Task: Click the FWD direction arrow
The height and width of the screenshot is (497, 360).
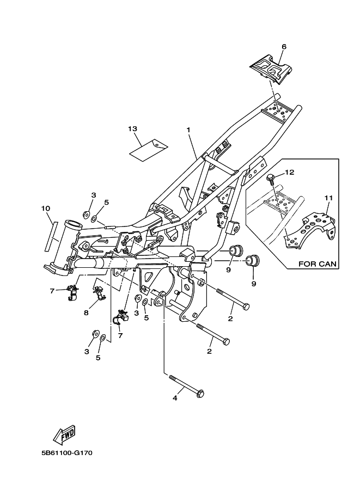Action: tap(65, 434)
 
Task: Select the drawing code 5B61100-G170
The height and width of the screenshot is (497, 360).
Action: tap(66, 453)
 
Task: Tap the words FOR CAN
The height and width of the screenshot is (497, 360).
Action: tap(317, 263)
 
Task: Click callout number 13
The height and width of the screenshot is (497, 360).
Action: tap(132, 128)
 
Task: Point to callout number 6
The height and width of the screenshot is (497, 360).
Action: tap(284, 47)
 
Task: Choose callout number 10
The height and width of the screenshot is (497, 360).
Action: tap(46, 208)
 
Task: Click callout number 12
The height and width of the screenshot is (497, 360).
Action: tap(290, 172)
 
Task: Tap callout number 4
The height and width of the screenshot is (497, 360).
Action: tap(175, 398)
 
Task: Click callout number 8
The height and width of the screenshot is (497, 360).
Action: tap(86, 312)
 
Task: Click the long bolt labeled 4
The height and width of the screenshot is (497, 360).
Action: tap(186, 385)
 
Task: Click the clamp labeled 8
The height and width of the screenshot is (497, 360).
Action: tap(99, 292)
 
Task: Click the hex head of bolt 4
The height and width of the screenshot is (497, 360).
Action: tap(200, 394)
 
